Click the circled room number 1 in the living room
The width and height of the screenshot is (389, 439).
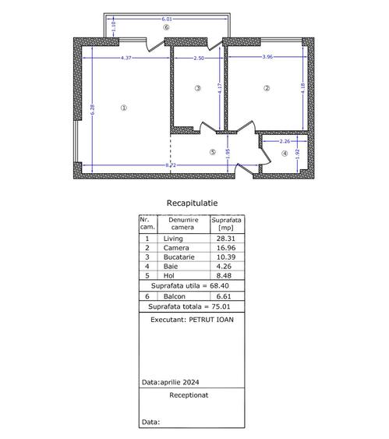(x=123, y=108)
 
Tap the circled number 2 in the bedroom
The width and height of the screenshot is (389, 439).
(x=267, y=88)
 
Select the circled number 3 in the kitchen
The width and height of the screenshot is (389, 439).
(x=199, y=88)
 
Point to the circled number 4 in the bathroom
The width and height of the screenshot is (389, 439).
(x=284, y=154)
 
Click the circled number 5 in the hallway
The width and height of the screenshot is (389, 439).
(x=212, y=152)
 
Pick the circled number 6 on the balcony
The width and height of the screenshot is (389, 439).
(x=165, y=27)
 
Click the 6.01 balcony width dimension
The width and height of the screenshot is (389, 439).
(x=165, y=18)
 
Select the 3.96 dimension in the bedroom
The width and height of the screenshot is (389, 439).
(x=267, y=57)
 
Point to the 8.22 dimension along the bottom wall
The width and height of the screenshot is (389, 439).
(x=169, y=165)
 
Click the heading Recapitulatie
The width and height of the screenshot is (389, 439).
(x=192, y=203)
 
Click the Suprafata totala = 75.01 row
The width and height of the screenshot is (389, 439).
(x=192, y=306)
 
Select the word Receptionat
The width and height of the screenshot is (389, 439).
(x=191, y=395)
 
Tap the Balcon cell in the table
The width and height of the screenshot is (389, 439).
(x=174, y=297)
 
